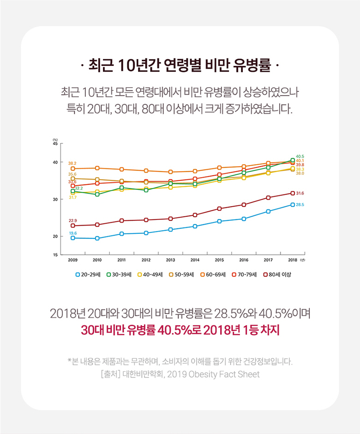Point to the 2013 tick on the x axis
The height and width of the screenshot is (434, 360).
(x=170, y=260)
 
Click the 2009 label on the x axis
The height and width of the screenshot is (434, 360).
(x=72, y=260)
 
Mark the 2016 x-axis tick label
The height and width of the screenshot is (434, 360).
(x=244, y=260)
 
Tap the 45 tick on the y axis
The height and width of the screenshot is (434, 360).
(x=55, y=144)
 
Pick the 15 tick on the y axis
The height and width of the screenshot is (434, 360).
(x=55, y=255)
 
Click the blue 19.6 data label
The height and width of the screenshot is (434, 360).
(x=72, y=233)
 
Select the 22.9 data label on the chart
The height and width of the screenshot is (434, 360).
(x=72, y=220)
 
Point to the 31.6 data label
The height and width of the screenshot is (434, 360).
(x=300, y=193)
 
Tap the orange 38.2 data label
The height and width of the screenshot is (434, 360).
(x=72, y=163)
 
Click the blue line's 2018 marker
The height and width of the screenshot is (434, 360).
(x=293, y=204)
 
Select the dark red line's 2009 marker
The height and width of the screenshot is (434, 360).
(x=72, y=226)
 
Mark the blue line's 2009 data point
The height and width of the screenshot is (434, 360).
(x=72, y=238)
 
